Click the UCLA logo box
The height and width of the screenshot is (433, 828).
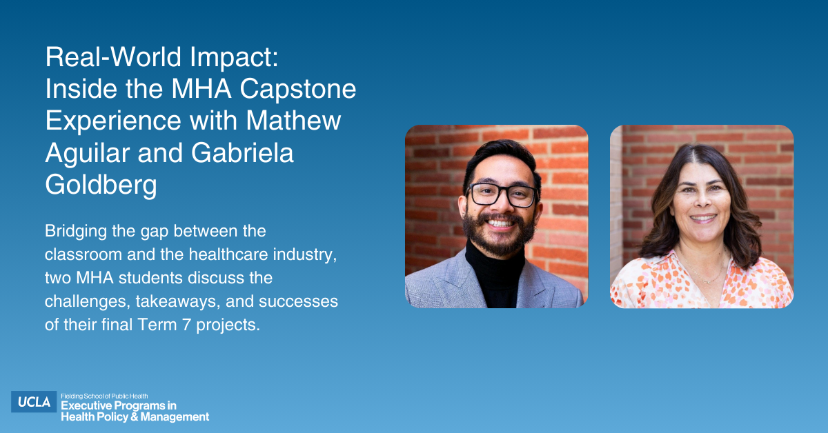pos(34,402)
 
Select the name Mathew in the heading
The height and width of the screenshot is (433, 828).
pos(293,121)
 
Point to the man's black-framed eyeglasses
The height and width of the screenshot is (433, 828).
pos(502,194)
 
